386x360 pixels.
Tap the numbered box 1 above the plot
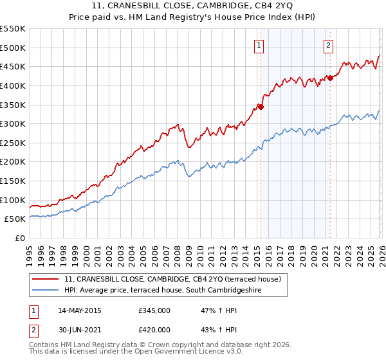point(259,45)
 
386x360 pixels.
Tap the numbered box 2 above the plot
point(328,45)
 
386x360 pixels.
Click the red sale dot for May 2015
point(261,106)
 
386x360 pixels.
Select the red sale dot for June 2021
point(330,78)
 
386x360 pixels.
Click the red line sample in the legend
point(46,280)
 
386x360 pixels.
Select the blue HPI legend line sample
point(46,290)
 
